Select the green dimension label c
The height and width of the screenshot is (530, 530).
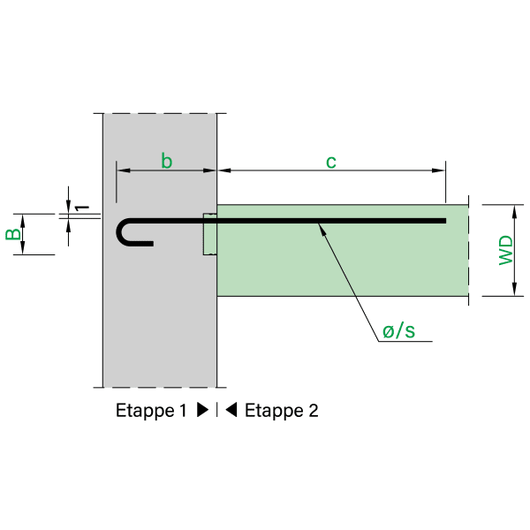coord(331,161)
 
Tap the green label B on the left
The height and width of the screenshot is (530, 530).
coord(12,234)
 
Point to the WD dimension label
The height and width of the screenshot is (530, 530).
coord(505,250)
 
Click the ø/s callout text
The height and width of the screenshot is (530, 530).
coord(399,331)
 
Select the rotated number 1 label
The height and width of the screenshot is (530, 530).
coord(81,207)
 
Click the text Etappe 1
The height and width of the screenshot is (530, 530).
coord(152,411)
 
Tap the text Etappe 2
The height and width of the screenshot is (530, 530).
coord(281,411)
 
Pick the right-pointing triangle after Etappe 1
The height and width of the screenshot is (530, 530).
coord(202,411)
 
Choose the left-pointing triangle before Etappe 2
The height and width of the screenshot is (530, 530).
coord(231,411)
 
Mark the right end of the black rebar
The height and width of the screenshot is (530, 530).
coord(443,221)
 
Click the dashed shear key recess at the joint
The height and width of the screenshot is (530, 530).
coord(209,235)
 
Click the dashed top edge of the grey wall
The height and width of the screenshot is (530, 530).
coord(160,113)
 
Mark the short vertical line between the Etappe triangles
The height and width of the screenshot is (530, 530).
coord(217,411)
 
